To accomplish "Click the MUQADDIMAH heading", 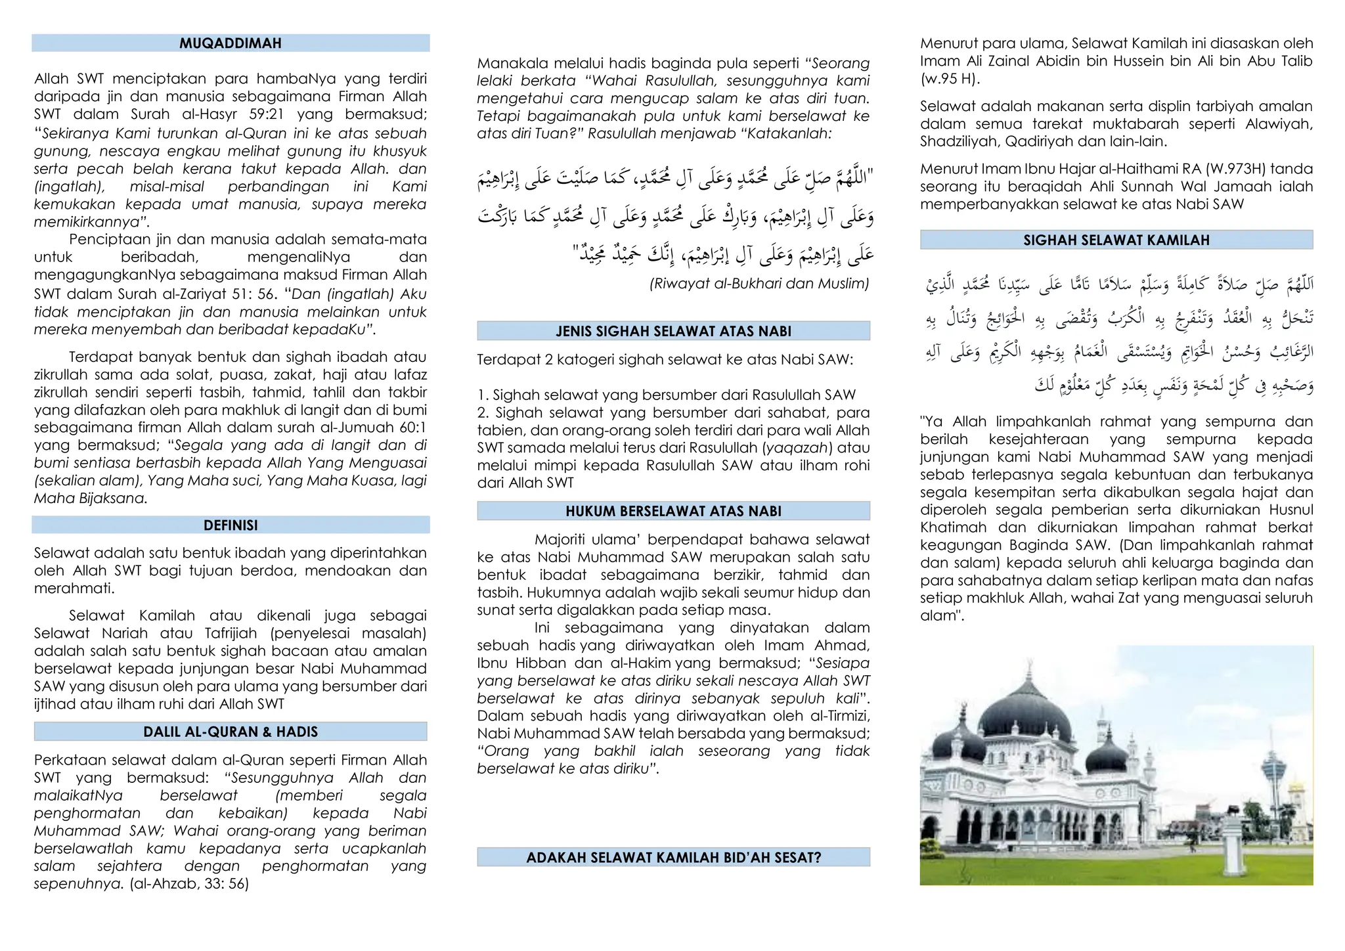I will pyautogui.click(x=231, y=43).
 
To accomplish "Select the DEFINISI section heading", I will pyautogui.click(x=231, y=525).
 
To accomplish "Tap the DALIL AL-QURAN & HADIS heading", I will pyautogui.click(x=231, y=732).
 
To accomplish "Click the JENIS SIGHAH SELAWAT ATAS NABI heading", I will pyautogui.click(x=673, y=331).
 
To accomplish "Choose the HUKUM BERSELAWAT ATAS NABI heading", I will pyautogui.click(x=673, y=511).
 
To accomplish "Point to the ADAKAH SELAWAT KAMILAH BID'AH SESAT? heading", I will pyautogui.click(x=673, y=858).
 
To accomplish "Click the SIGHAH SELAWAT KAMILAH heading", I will pyautogui.click(x=1116, y=240).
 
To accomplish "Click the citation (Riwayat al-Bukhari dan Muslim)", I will pyautogui.click(x=759, y=284).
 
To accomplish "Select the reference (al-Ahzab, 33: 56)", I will pyautogui.click(x=189, y=884).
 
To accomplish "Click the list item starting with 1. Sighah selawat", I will pyautogui.click(x=666, y=395).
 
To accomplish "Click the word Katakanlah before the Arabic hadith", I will pyautogui.click(x=784, y=134).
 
